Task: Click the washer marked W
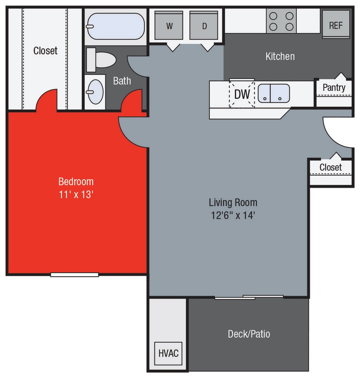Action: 169,26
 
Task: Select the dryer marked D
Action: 204,26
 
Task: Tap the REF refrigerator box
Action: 336,25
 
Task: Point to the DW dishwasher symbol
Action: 242,94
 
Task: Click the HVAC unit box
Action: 169,353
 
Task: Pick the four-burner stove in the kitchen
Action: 281,21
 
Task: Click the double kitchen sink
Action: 273,93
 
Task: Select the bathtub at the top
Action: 115,26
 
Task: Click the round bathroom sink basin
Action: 95,92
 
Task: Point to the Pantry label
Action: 334,87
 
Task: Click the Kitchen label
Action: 280,56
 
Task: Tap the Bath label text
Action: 122,81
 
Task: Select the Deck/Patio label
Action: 249,334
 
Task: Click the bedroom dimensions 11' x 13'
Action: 76,195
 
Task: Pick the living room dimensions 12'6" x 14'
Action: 233,215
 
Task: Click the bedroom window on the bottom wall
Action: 74,275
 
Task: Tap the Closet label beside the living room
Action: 330,168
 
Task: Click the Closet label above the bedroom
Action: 45,51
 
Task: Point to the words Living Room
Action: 233,202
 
